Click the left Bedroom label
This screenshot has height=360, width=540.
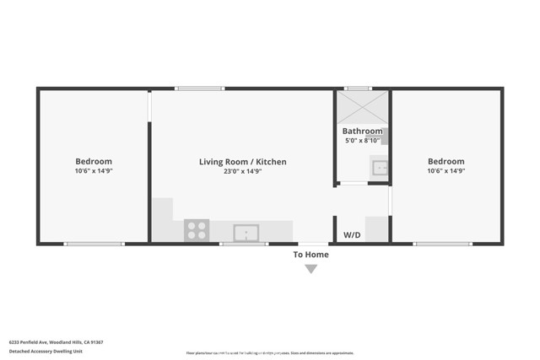pyautogui.click(x=94, y=161)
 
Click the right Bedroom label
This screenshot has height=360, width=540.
pyautogui.click(x=445, y=161)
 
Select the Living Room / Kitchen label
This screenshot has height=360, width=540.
pyautogui.click(x=242, y=161)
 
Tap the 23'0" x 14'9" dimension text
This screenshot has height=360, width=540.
pyautogui.click(x=242, y=171)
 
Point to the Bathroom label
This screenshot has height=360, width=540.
pyautogui.click(x=362, y=131)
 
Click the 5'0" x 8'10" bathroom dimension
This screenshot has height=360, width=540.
pyautogui.click(x=362, y=141)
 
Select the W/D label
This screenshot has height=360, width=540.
pyautogui.click(x=351, y=234)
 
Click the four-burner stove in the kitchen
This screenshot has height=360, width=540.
pyautogui.click(x=197, y=230)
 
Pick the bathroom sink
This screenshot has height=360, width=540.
pyautogui.click(x=380, y=167)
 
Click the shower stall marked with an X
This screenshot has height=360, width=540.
pyautogui.click(x=362, y=107)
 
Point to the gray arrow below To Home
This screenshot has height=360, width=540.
pyautogui.click(x=310, y=269)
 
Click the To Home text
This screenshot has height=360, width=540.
pyautogui.click(x=310, y=255)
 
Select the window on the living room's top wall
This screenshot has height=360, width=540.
pyautogui.click(x=200, y=89)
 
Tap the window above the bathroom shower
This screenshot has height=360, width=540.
pyautogui.click(x=358, y=89)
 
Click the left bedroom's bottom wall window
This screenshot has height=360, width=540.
pyautogui.click(x=94, y=244)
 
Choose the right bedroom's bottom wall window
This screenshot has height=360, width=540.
pyautogui.click(x=442, y=244)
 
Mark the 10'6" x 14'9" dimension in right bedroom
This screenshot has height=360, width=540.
pyautogui.click(x=445, y=171)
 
